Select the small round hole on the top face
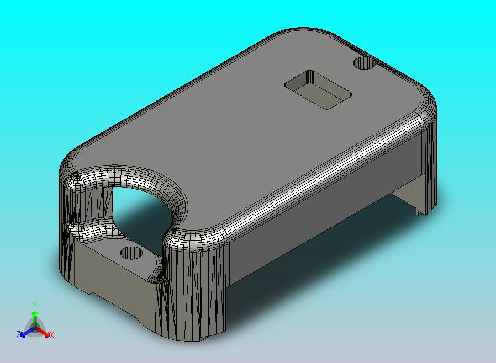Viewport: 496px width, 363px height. click(363, 63)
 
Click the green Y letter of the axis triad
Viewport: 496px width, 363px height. click(35, 305)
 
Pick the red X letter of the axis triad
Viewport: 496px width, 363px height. click(51, 335)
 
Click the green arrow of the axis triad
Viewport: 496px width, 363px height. click(35, 317)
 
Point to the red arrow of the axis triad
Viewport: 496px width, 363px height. click(44, 332)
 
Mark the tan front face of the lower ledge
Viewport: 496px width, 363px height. click(110, 287)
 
